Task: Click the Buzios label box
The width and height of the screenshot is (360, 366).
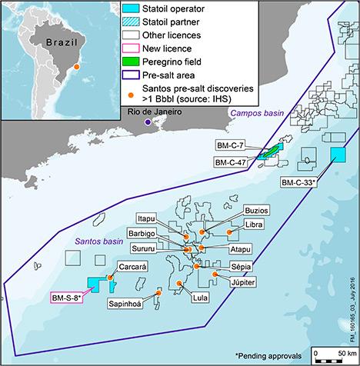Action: (257, 210)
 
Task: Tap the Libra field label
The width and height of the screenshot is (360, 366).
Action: (255, 225)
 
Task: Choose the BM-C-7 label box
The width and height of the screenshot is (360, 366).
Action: (228, 144)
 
